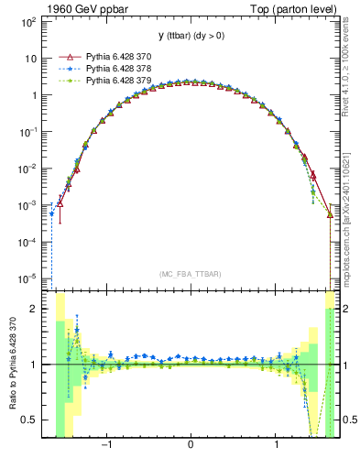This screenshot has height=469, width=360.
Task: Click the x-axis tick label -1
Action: click(106, 446)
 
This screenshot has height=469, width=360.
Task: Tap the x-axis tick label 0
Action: click(191, 446)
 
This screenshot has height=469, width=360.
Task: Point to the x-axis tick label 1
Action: click(277, 446)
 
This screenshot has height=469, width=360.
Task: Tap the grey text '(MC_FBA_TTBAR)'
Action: click(191, 275)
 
